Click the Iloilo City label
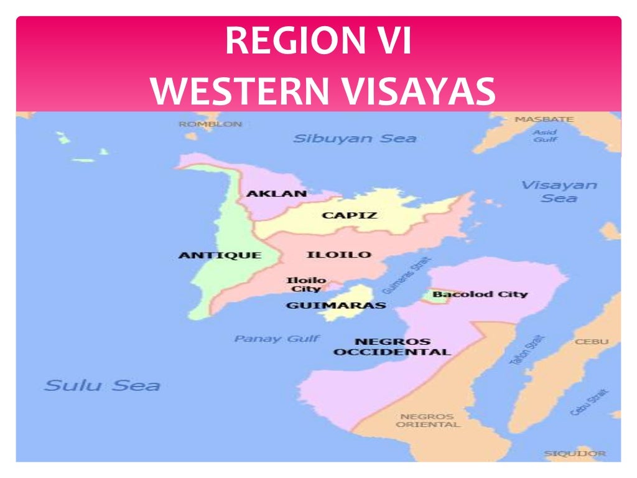[305, 284]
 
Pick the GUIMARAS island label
[336, 306]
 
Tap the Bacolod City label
[480, 294]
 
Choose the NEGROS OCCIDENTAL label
[391, 347]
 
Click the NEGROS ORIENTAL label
[427, 421]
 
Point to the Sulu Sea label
[101, 385]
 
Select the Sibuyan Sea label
[355, 138]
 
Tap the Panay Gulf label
[277, 339]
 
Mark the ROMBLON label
[210, 124]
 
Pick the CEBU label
[592, 342]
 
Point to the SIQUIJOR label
[574, 454]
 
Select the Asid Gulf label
[544, 136]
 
